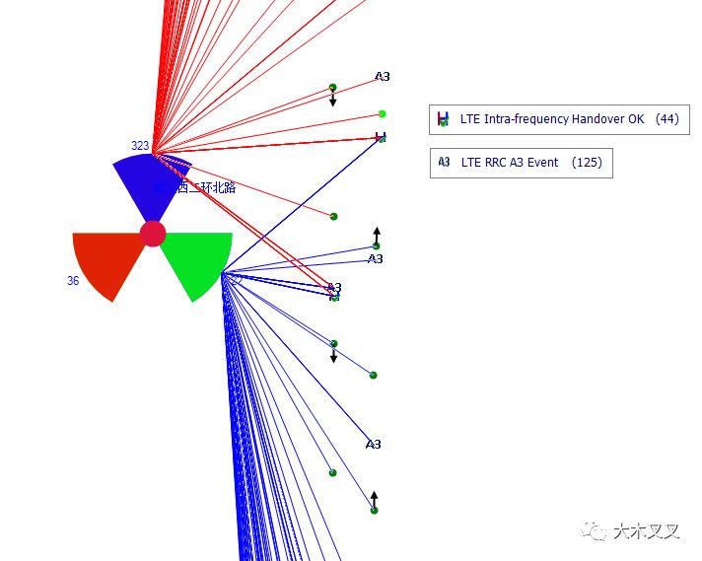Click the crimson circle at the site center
(153, 234)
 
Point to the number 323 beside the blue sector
(140, 146)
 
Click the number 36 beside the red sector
(73, 281)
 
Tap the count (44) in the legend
(667, 119)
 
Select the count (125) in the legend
(587, 163)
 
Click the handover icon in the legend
(444, 119)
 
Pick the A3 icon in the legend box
(445, 163)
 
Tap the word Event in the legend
(542, 163)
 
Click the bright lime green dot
(383, 114)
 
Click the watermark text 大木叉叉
(646, 531)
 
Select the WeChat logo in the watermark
(596, 531)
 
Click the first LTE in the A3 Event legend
(471, 163)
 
